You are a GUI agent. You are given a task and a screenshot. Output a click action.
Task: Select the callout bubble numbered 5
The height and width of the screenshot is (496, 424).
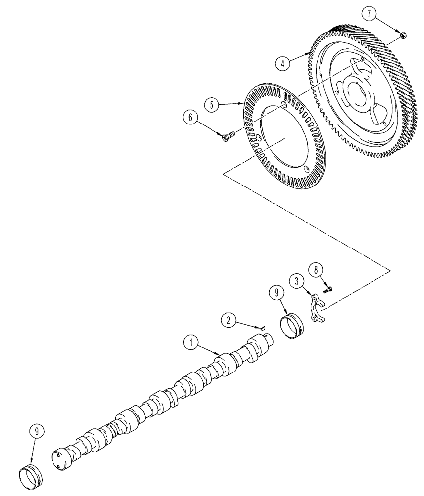pos(213,104)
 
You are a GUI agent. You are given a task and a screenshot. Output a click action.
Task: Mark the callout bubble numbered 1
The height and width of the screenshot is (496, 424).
pos(190,342)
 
